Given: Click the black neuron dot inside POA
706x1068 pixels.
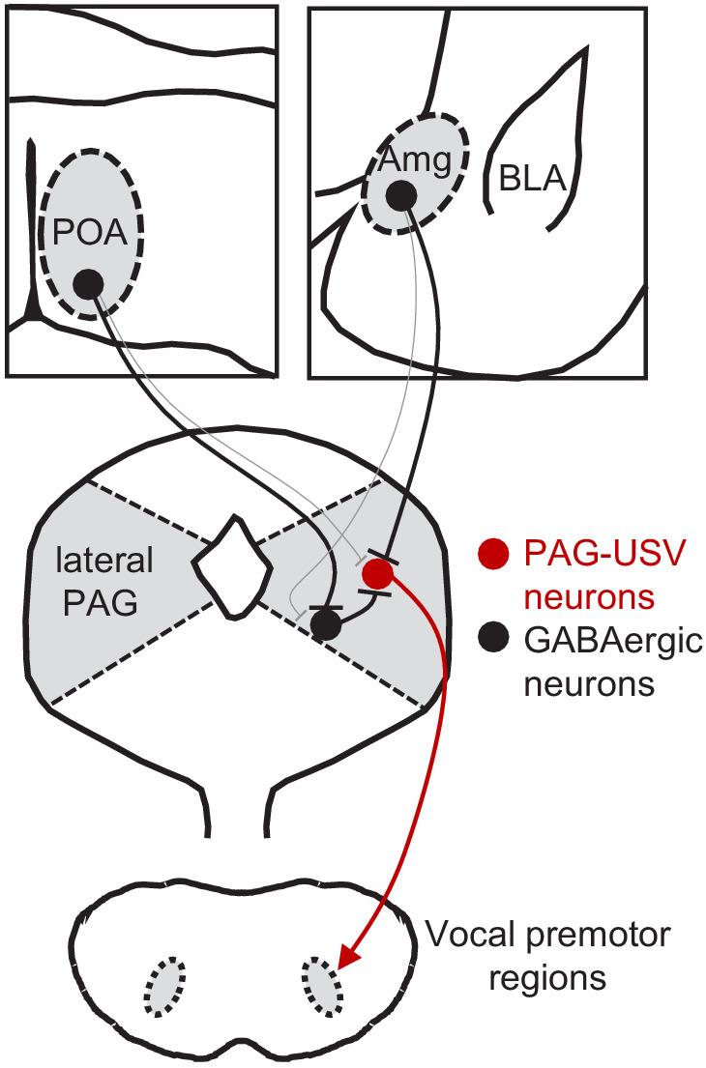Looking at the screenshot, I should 88,283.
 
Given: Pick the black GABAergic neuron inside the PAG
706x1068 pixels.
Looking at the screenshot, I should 327,625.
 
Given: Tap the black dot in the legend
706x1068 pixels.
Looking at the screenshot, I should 492,637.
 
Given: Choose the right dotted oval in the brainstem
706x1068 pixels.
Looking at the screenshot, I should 321,987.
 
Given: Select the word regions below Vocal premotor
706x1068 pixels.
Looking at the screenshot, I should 546,978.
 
